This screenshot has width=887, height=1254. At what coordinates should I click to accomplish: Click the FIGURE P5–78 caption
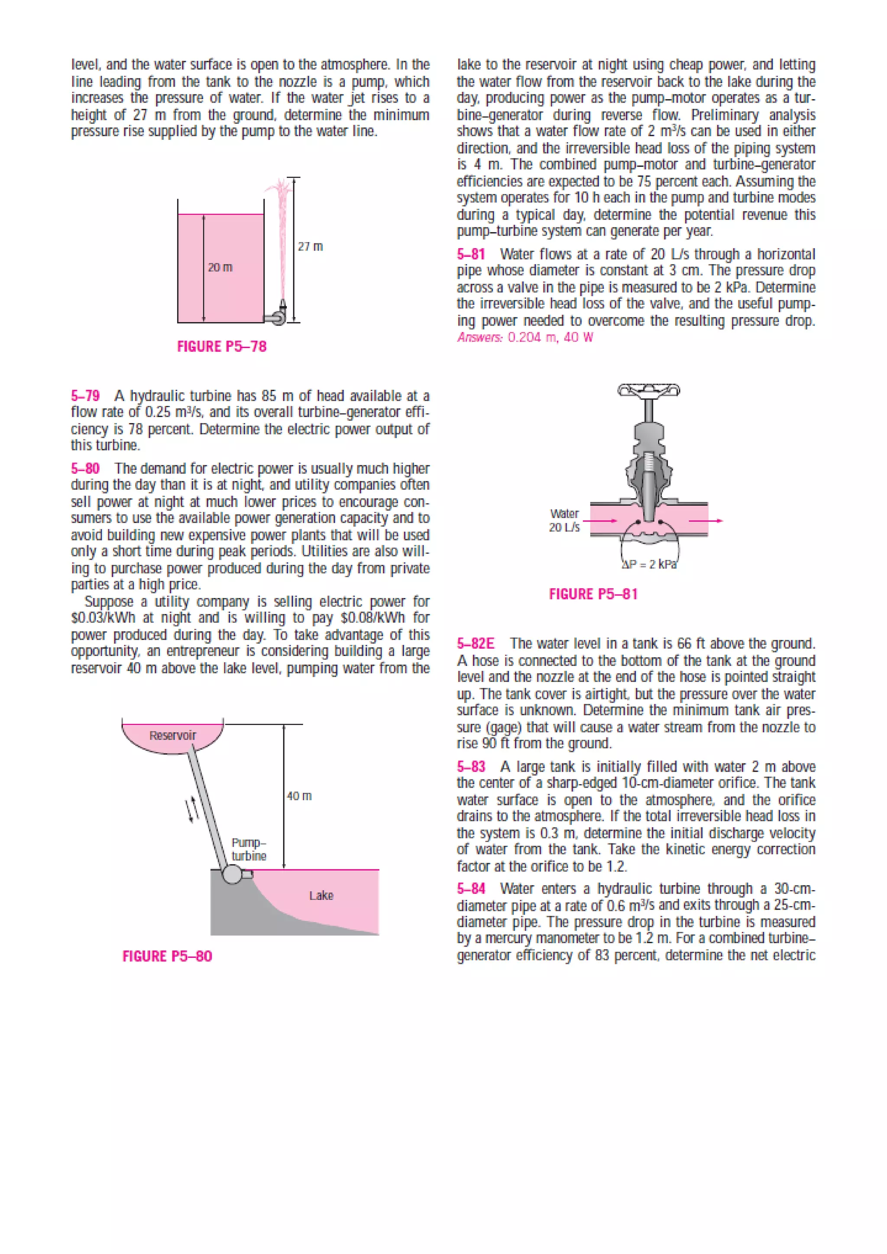[222, 346]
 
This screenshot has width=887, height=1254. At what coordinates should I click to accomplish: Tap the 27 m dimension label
[310, 246]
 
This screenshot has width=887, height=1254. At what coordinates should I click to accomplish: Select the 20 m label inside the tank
[220, 267]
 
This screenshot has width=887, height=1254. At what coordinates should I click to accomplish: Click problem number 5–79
[85, 395]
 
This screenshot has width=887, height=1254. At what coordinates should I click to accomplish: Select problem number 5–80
[85, 469]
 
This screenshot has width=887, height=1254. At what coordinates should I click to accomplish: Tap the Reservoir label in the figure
[173, 735]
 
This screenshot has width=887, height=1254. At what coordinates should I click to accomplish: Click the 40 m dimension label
[299, 796]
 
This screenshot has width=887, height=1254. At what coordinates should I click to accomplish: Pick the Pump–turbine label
[249, 849]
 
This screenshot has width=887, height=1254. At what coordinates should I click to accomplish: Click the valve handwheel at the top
[649, 390]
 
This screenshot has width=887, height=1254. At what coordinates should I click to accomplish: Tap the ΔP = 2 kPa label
[649, 564]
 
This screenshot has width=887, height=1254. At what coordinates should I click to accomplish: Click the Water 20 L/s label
[564, 520]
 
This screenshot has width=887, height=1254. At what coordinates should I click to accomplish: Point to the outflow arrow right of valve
[706, 520]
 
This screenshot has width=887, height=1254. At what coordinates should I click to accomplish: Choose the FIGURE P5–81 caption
[593, 594]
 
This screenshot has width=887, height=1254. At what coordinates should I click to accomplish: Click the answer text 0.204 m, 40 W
[550, 337]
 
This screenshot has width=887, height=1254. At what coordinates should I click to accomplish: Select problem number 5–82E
[475, 643]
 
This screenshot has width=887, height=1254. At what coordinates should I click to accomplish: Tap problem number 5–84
[471, 889]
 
